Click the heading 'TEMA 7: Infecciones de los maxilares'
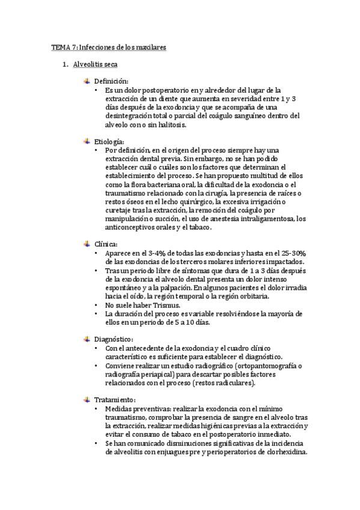pyautogui.click(x=108, y=46)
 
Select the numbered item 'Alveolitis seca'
pyautogui.click(x=96, y=64)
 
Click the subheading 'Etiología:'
pyautogui.click(x=109, y=141)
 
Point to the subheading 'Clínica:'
pyautogui.click(x=106, y=244)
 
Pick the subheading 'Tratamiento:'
pyautogui.click(x=115, y=399)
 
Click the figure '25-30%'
pyautogui.click(x=295, y=253)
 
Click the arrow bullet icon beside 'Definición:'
pyautogui.click(x=87, y=81)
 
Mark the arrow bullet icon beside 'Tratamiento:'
pyautogui.click(x=87, y=399)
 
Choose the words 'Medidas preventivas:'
pyautogui.click(x=136, y=409)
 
